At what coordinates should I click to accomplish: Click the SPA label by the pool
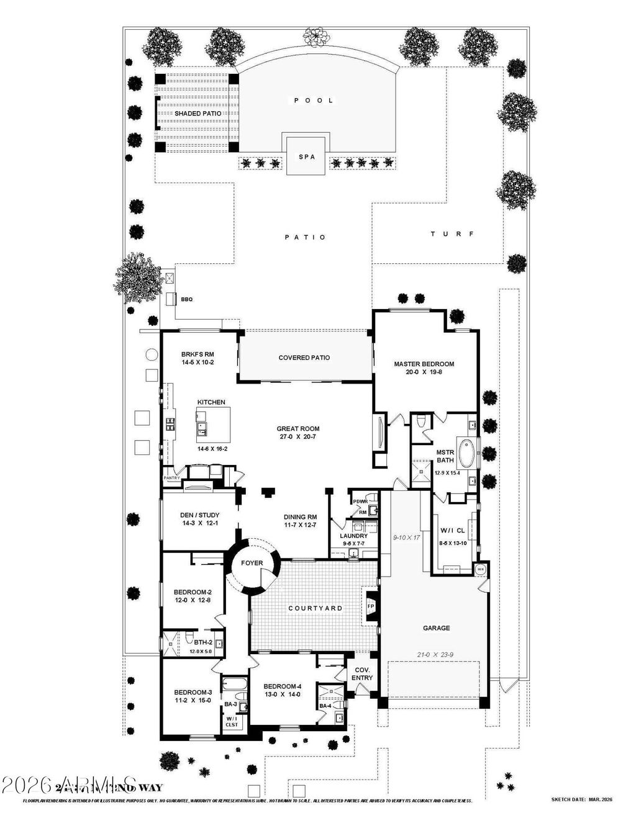[x=307, y=157]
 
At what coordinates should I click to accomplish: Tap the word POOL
[x=314, y=100]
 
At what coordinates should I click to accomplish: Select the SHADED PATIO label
[x=198, y=114]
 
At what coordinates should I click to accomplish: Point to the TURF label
[x=452, y=234]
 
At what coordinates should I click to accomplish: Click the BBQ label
[x=187, y=300]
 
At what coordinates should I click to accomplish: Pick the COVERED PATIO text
[x=304, y=358]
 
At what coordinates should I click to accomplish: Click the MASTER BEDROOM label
[x=424, y=364]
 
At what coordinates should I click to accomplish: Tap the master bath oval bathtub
[x=465, y=453]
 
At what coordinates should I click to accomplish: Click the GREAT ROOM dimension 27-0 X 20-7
[x=298, y=437]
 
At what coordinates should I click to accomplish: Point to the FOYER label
[x=252, y=564]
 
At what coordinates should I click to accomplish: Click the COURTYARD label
[x=315, y=608]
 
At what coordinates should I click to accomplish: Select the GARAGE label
[x=436, y=628]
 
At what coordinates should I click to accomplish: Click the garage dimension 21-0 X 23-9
[x=436, y=654]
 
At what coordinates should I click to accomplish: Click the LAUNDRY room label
[x=353, y=536]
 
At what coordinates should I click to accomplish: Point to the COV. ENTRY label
[x=362, y=673]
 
